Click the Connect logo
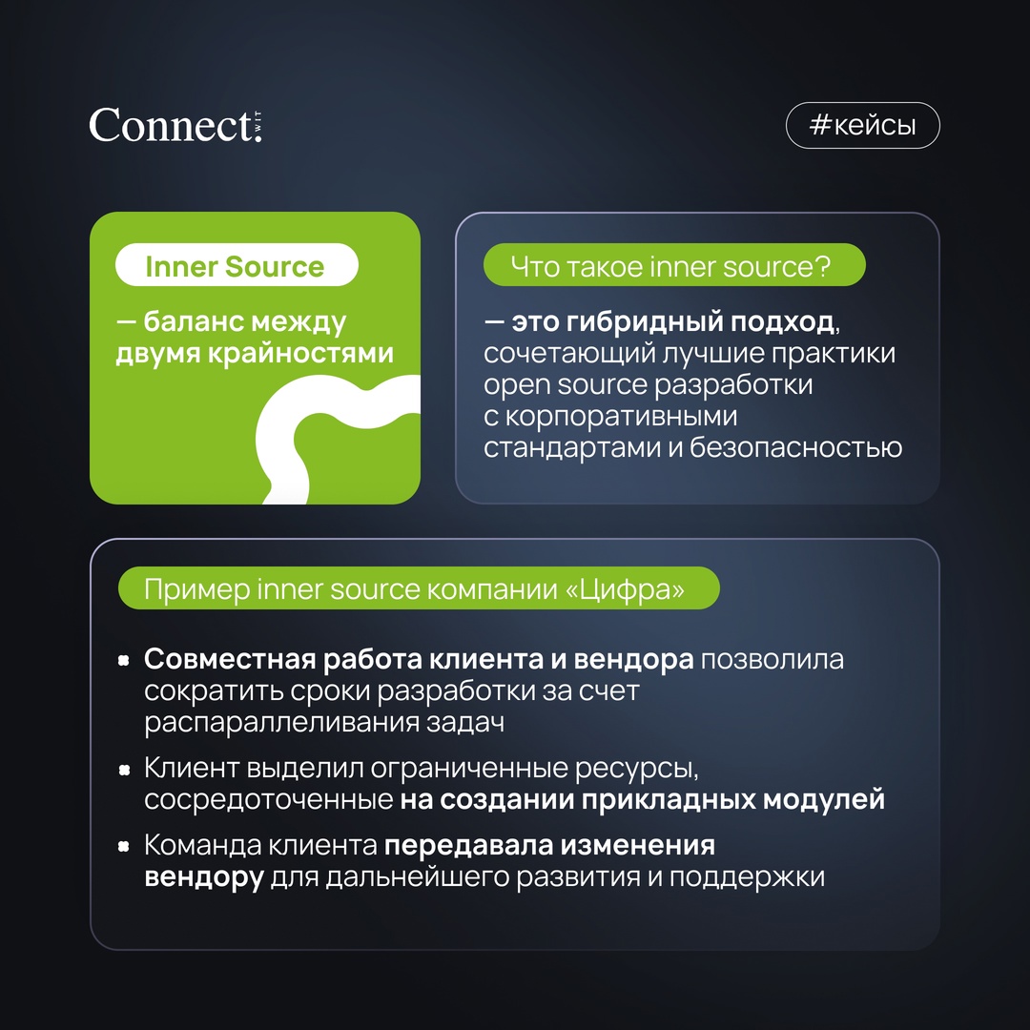coord(175,125)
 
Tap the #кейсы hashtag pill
coord(862,126)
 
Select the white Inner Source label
coord(236,267)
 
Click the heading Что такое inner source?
coord(673,266)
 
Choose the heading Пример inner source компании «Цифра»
coord(418,589)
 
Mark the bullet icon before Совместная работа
coord(123,660)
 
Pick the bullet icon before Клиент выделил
coord(123,769)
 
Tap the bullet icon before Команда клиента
coord(123,846)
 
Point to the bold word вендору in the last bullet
coord(204,877)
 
